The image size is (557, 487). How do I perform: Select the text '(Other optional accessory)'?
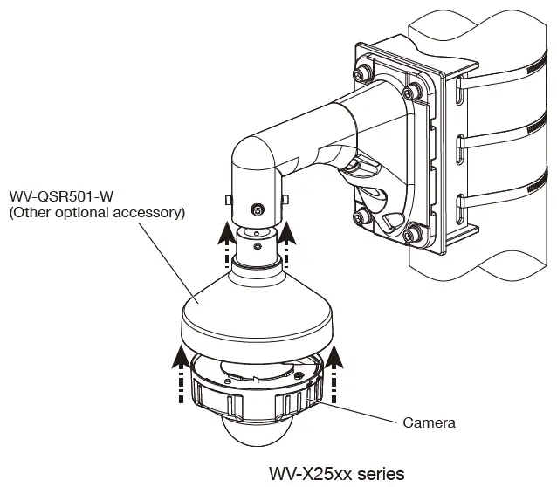pyautogui.click(x=96, y=212)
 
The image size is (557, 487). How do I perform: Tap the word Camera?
pyautogui.click(x=429, y=422)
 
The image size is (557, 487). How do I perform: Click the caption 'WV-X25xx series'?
pyautogui.click(x=337, y=473)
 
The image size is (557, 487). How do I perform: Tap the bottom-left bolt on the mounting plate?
pyautogui.click(x=357, y=218)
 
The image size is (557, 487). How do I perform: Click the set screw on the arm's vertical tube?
pyautogui.click(x=257, y=209)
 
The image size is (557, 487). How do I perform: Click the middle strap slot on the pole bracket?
pyautogui.click(x=459, y=147)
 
